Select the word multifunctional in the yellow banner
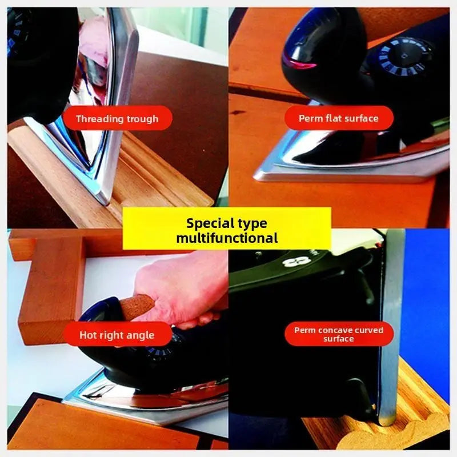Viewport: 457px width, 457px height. [x=227, y=238]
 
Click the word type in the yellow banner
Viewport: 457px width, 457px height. [x=252, y=224]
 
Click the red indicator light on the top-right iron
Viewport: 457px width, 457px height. [x=303, y=63]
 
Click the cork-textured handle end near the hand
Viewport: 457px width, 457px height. [x=137, y=306]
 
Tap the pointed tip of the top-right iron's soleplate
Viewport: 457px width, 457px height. [x=255, y=177]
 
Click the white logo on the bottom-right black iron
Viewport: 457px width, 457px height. [x=296, y=262]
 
